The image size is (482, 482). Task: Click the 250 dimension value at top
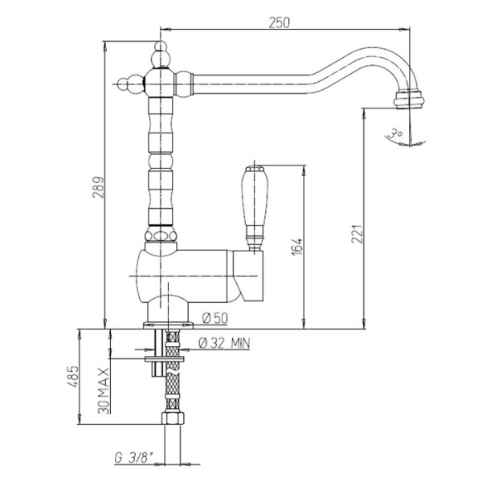pyautogui.click(x=279, y=22)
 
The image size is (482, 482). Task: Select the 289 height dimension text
pyautogui.click(x=99, y=187)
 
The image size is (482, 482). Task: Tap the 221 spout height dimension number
pyautogui.click(x=357, y=234)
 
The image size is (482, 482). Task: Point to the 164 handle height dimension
pyautogui.click(x=297, y=247)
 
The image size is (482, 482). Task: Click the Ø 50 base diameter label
pyautogui.click(x=215, y=318)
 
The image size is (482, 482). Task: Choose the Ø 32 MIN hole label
pyautogui.click(x=224, y=343)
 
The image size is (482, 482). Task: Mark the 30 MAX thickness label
pyautogui.click(x=104, y=390)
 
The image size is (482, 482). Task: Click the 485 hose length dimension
pyautogui.click(x=73, y=377)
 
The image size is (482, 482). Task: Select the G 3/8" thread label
pyautogui.click(x=134, y=458)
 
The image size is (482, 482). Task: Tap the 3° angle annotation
pyautogui.click(x=395, y=133)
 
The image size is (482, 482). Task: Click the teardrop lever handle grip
pyautogui.click(x=255, y=196)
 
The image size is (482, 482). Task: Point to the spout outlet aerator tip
pyautogui.click(x=409, y=99)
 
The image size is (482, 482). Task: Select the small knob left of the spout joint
pyautogui.click(x=128, y=84)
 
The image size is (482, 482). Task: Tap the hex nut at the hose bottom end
pyautogui.click(x=173, y=419)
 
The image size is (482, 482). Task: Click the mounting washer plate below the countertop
pyautogui.click(x=165, y=359)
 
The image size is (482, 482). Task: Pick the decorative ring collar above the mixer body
pyautogui.click(x=161, y=235)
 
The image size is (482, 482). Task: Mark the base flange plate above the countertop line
pyautogui.click(x=168, y=325)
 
